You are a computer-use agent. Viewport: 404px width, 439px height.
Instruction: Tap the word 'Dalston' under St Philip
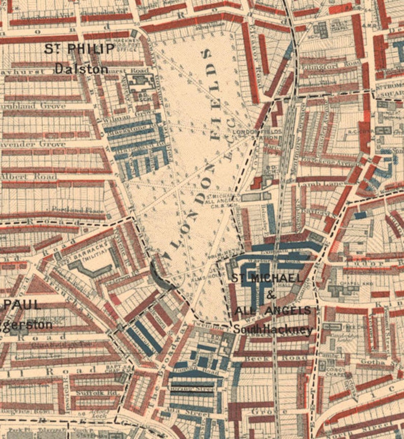[82, 68]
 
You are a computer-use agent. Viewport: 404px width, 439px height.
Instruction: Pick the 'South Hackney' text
[273, 330]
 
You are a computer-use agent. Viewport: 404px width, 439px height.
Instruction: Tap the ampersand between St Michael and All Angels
[271, 295]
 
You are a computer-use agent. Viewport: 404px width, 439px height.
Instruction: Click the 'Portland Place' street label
[86, 211]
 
